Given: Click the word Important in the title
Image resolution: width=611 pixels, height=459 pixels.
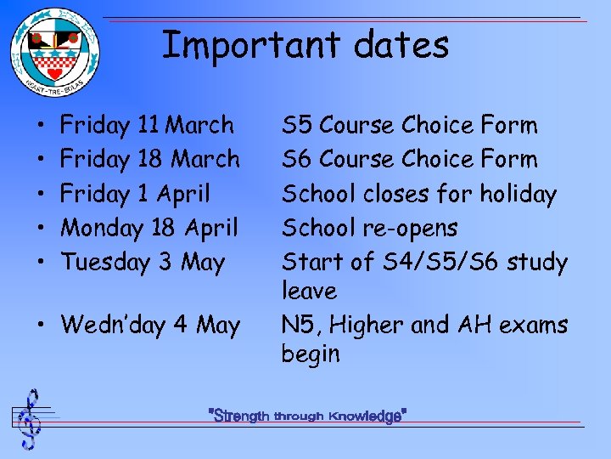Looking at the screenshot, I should [x=245, y=44].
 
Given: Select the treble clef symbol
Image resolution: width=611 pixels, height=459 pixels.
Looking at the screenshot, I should [x=30, y=418].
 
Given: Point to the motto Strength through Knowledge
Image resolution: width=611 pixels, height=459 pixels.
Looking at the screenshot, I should [x=308, y=416].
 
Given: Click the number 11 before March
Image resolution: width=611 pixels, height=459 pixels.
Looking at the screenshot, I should [x=148, y=126].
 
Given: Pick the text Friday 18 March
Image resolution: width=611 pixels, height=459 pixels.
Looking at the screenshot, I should [x=150, y=160].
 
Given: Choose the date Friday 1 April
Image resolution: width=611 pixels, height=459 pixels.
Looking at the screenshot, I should [x=135, y=194].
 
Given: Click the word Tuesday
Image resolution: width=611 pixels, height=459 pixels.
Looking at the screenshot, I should [x=106, y=262].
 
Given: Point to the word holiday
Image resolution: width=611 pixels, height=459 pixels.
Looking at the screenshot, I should [x=518, y=195].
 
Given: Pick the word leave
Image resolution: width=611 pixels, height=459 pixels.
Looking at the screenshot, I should [x=309, y=291].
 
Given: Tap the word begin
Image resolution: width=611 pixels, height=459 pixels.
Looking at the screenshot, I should [x=310, y=354].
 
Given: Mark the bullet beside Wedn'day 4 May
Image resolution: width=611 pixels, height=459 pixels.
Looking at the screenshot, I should [x=42, y=326].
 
